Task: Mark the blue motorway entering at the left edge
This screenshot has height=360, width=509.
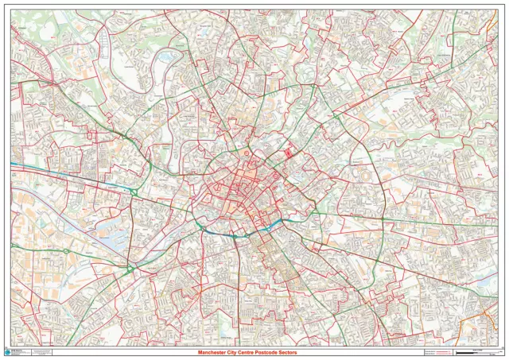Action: [32, 167]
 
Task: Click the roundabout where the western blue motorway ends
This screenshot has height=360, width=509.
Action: [135, 192]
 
